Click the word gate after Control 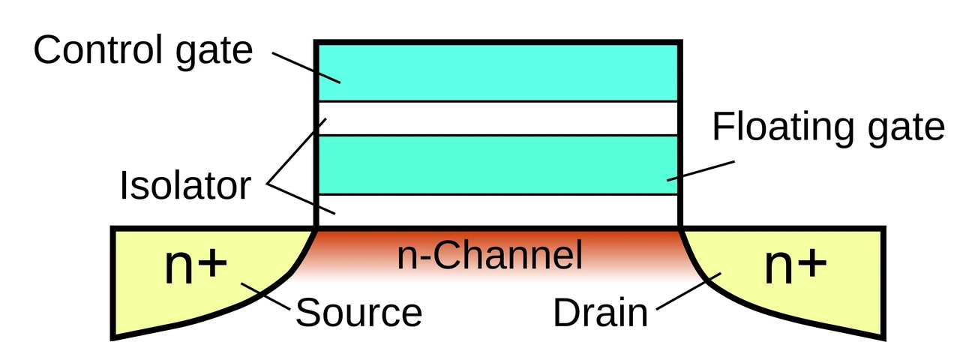pyautogui.click(x=214, y=53)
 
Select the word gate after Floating pyautogui.click(x=907, y=130)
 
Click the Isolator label pyautogui.click(x=185, y=185)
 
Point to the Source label pyautogui.click(x=359, y=313)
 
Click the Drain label pyautogui.click(x=601, y=313)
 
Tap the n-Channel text pyautogui.click(x=490, y=254)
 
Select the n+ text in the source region pyautogui.click(x=196, y=265)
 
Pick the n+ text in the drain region pyautogui.click(x=796, y=265)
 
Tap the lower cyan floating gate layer pyautogui.click(x=498, y=165)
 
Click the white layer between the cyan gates pyautogui.click(x=498, y=118)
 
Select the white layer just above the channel pyautogui.click(x=498, y=210)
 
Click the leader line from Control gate pyautogui.click(x=306, y=67)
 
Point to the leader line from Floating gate pyautogui.click(x=700, y=171)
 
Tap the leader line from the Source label pyautogui.click(x=265, y=295)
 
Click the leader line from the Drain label pyautogui.click(x=688, y=291)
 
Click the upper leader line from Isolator pyautogui.click(x=296, y=151)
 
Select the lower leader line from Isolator pyautogui.click(x=301, y=199)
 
